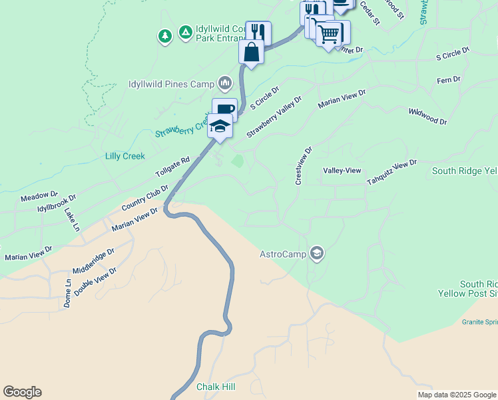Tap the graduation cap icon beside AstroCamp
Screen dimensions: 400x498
(318, 253)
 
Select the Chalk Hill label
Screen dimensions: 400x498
(216, 387)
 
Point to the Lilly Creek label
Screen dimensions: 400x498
(125, 156)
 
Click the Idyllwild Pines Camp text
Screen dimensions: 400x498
(171, 85)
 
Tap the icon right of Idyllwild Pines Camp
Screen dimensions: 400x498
(224, 83)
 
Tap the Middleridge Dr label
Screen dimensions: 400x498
(94, 261)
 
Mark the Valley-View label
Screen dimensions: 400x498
(342, 171)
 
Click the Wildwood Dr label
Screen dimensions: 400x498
(427, 117)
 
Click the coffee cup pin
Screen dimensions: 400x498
(225, 109)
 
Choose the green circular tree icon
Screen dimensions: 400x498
(164, 35)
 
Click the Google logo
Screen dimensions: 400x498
(22, 392)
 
